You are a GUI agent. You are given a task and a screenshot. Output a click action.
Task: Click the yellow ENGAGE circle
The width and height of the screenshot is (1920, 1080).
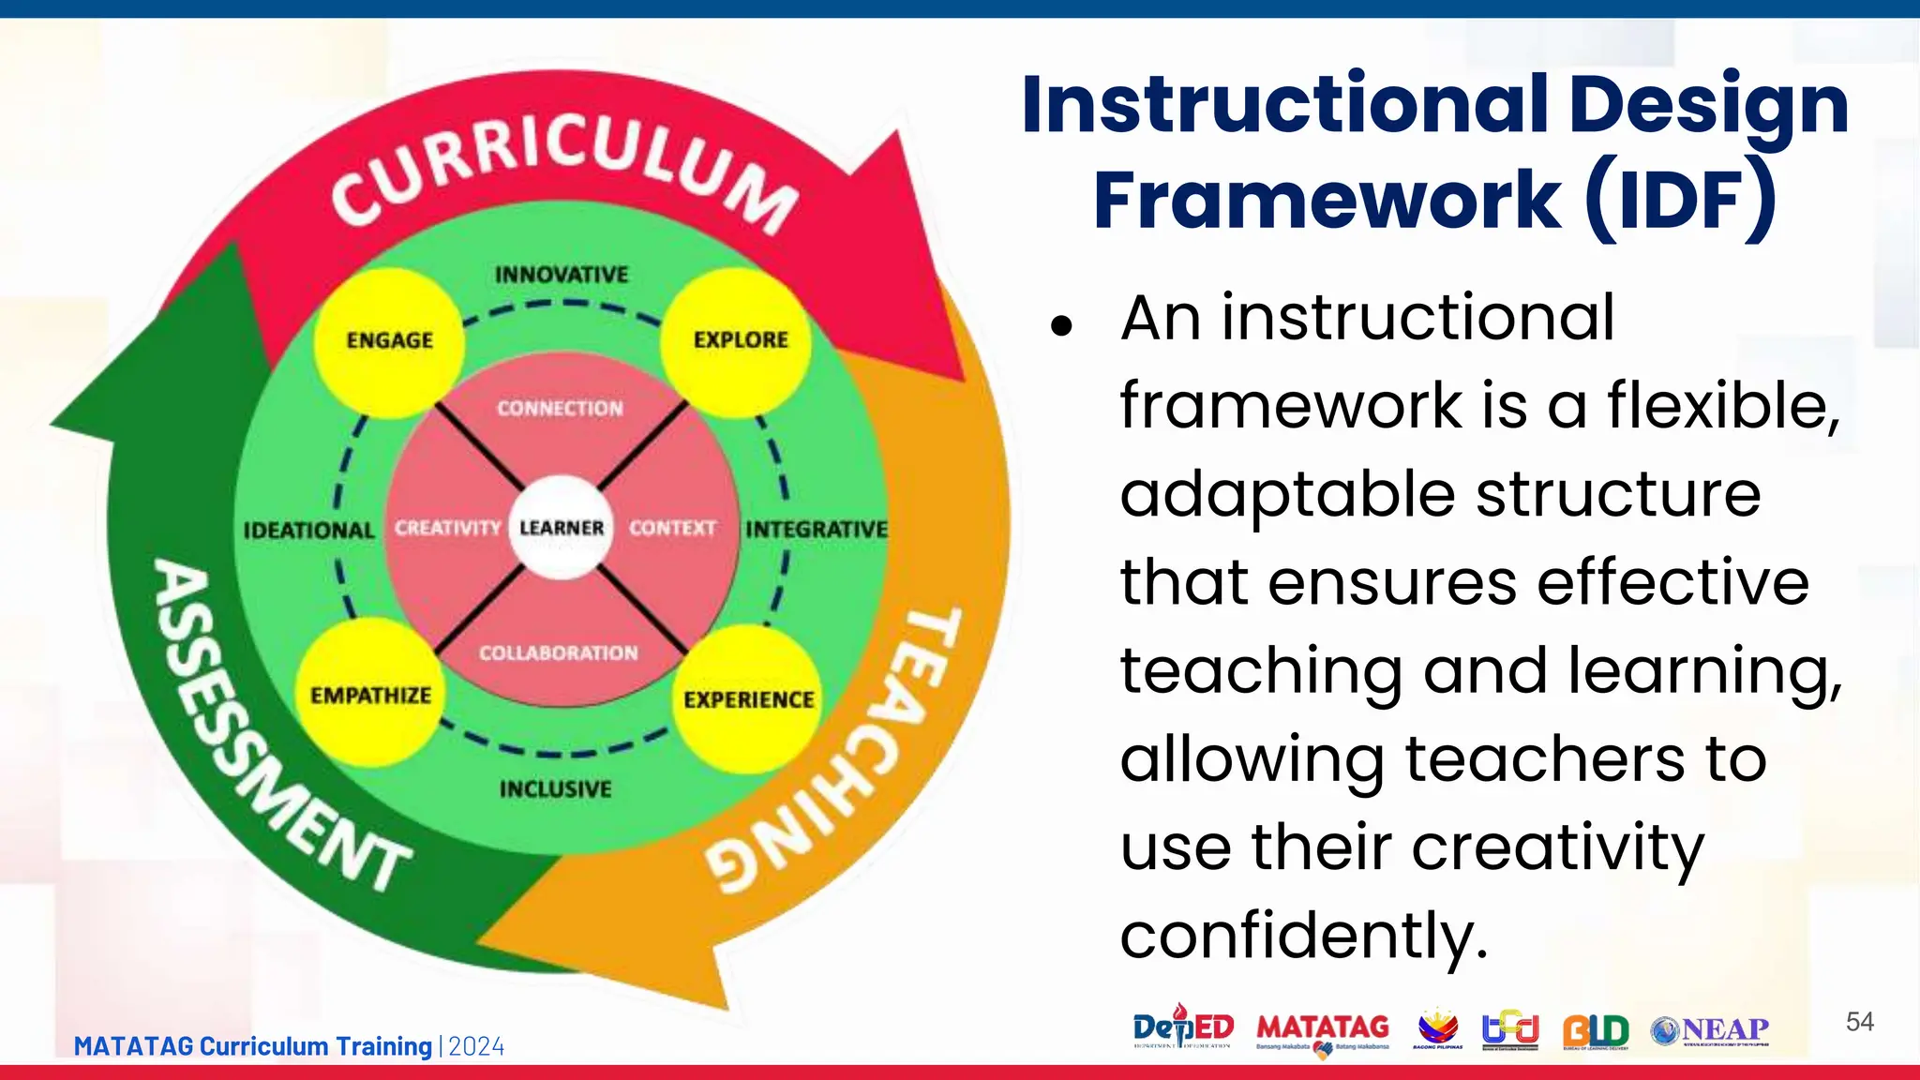tap(389, 341)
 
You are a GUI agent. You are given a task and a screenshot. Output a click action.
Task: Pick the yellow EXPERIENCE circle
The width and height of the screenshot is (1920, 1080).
tap(747, 699)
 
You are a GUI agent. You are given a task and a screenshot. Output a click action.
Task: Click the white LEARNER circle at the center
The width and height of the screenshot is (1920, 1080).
tap(562, 528)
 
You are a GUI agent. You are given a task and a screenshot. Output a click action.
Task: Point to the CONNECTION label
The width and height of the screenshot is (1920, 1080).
tap(560, 409)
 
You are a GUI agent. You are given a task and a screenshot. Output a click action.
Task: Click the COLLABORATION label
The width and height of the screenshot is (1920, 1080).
tap(559, 652)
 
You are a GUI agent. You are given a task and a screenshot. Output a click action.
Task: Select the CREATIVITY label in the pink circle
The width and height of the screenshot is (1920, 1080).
tap(447, 528)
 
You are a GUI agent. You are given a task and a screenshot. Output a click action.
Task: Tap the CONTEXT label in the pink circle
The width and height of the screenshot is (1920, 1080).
tap(672, 528)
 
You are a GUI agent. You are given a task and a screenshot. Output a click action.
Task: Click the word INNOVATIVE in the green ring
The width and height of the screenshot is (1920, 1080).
tap(562, 275)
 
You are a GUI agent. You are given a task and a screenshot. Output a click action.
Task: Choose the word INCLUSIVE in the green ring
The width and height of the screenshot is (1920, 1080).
tap(555, 789)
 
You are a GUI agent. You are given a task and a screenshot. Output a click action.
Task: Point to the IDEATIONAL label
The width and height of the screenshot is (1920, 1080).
tap(308, 531)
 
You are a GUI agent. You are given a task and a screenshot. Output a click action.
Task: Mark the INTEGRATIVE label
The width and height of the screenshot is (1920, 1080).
tap(816, 530)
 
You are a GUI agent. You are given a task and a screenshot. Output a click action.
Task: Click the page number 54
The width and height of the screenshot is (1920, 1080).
tap(1859, 1022)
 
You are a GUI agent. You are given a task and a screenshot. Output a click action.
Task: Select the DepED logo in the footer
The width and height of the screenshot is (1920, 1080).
tap(1183, 1029)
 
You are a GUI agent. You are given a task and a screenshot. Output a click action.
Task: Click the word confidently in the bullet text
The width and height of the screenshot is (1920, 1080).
tap(1303, 935)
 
